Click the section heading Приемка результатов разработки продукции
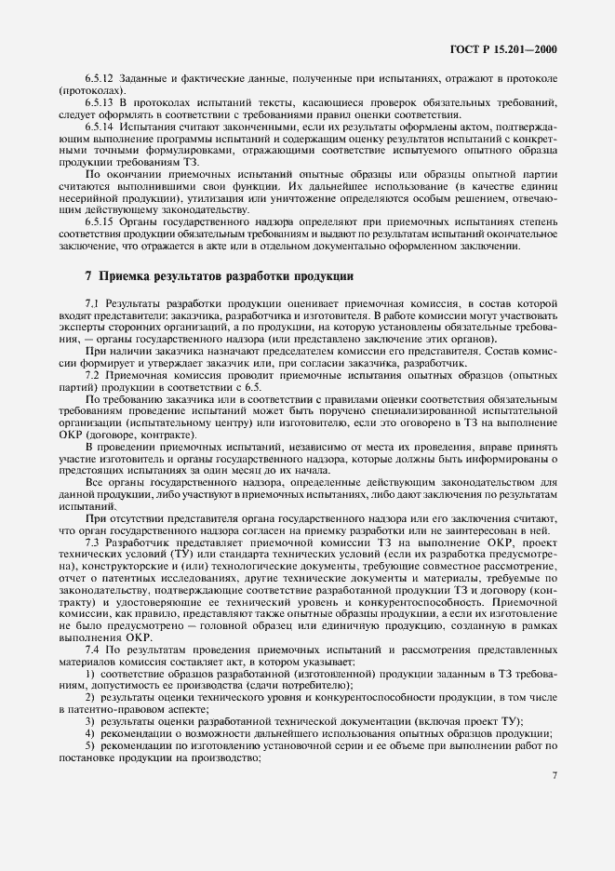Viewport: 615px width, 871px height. (x=217, y=276)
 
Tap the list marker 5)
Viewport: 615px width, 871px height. (x=90, y=745)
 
